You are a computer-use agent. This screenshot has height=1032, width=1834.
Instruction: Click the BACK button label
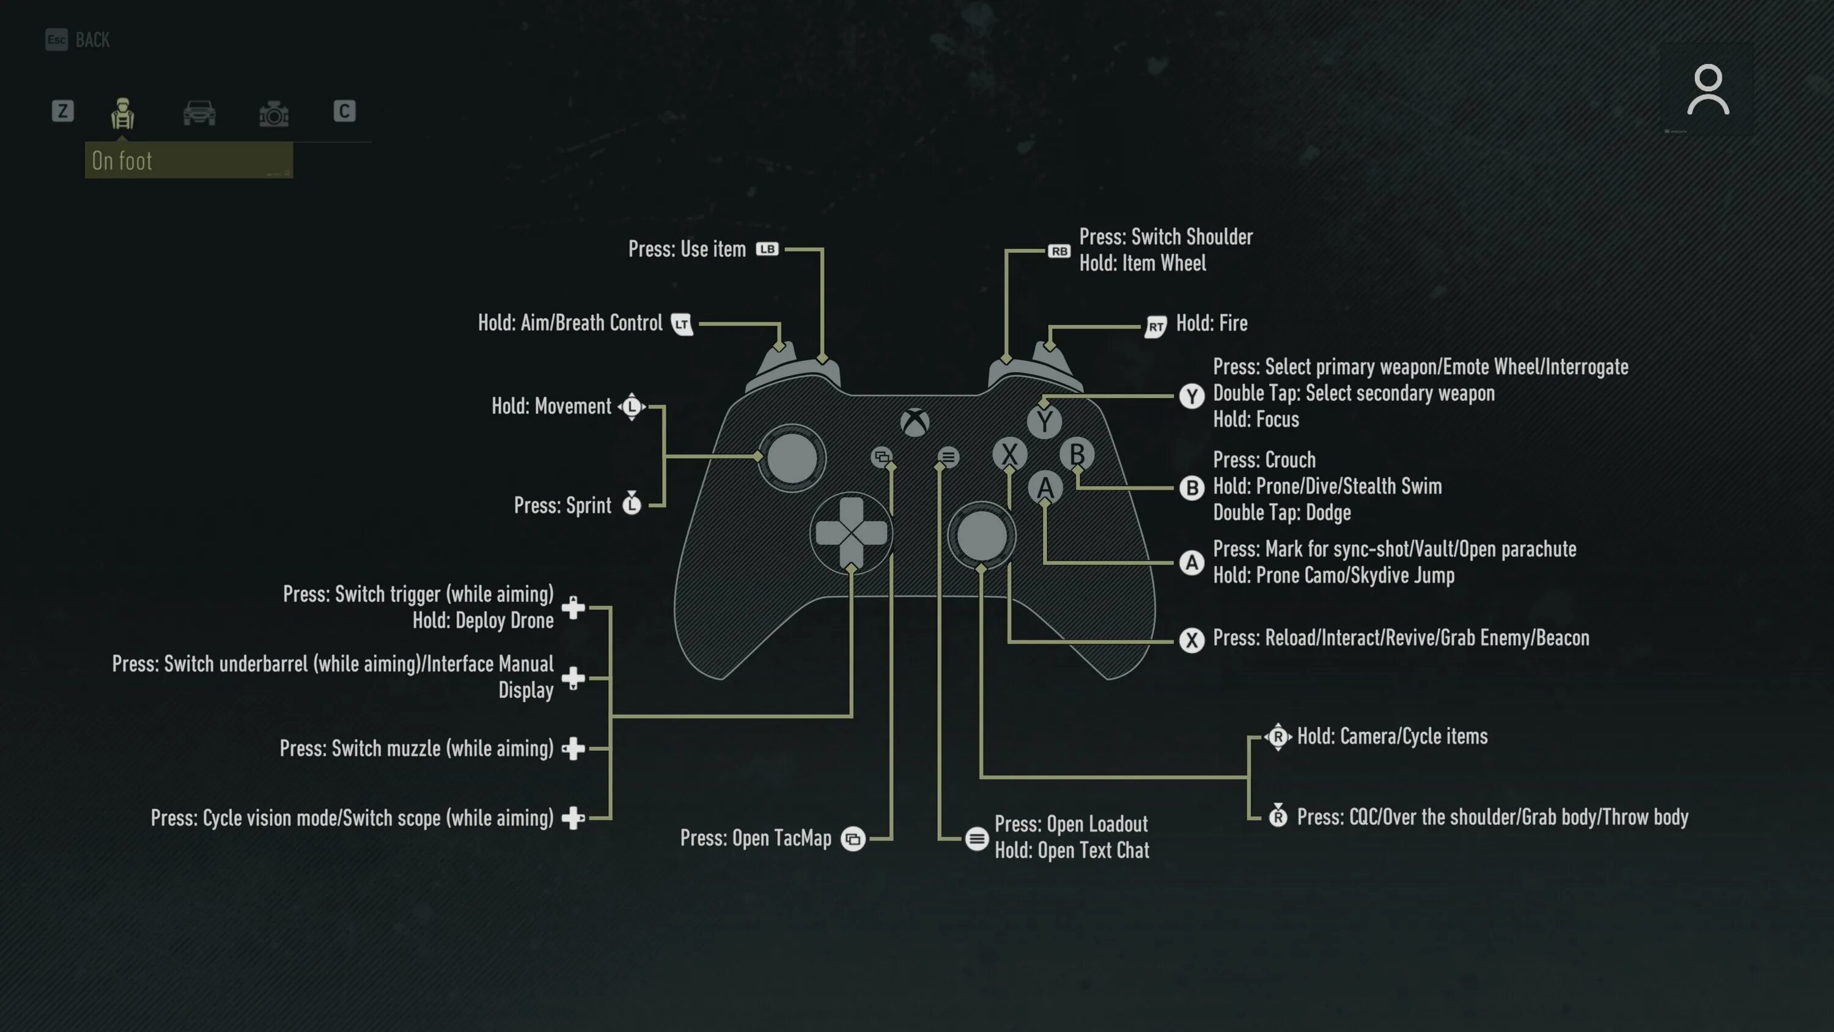point(92,40)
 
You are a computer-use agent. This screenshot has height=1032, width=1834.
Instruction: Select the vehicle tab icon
point(199,112)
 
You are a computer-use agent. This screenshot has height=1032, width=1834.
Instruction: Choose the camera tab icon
point(273,113)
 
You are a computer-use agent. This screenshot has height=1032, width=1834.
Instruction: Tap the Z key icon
point(62,111)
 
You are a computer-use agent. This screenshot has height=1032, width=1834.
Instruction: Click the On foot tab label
point(122,161)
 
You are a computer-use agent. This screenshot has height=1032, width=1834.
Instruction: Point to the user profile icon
point(1707,90)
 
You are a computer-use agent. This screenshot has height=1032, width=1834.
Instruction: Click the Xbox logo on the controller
point(915,422)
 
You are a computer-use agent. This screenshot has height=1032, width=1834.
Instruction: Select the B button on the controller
point(1077,454)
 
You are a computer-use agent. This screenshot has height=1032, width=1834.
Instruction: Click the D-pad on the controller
point(852,533)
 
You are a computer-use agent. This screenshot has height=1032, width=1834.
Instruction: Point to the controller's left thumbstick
point(792,458)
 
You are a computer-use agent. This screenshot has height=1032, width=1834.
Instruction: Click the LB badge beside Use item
point(767,249)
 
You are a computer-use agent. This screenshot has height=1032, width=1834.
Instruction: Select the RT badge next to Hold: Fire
point(1155,326)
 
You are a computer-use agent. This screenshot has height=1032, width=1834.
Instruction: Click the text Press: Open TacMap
point(756,838)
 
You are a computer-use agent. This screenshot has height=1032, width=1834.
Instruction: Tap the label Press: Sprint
point(562,506)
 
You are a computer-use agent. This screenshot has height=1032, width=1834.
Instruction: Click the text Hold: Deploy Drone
point(483,621)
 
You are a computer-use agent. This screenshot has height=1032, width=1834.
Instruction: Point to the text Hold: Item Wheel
point(1142,264)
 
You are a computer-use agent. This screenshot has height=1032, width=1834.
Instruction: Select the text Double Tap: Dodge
point(1281,513)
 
